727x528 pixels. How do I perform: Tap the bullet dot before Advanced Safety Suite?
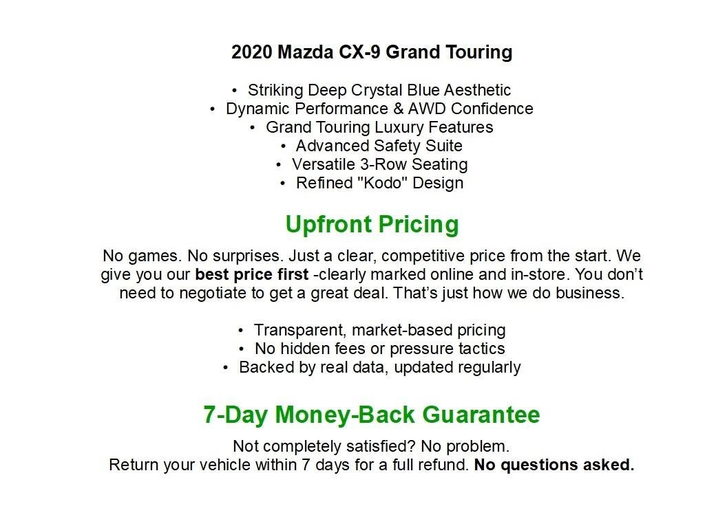click(284, 146)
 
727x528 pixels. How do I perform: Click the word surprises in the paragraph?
click(248, 256)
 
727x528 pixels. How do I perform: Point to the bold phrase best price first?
click(251, 275)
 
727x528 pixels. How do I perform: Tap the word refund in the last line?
click(443, 465)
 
